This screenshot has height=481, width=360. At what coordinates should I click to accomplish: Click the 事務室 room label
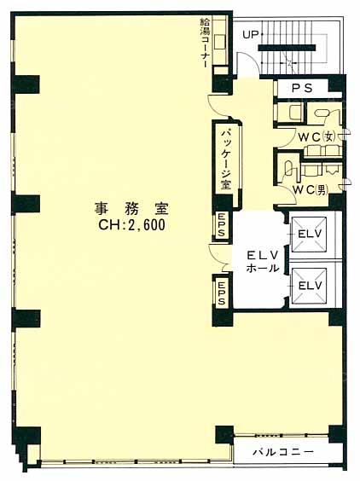tap(131, 209)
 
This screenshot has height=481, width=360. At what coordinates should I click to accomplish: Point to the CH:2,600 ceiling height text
tap(131, 225)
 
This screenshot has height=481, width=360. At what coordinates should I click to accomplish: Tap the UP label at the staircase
tap(251, 35)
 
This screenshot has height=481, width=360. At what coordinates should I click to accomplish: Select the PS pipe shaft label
tap(302, 89)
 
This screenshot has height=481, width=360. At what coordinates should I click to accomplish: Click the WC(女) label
tap(317, 136)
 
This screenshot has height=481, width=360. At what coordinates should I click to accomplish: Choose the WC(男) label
tap(310, 190)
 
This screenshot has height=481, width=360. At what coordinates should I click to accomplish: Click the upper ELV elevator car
tap(309, 234)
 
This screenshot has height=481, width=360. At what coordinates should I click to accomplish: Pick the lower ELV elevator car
tap(309, 286)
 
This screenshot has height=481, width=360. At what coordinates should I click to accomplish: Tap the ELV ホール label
tap(263, 261)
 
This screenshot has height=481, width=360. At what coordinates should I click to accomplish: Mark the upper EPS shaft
tap(222, 225)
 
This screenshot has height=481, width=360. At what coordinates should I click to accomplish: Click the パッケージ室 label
tap(226, 159)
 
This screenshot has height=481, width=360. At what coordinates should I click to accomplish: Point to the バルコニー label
tap(283, 451)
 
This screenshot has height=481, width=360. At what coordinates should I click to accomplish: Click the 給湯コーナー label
tap(204, 43)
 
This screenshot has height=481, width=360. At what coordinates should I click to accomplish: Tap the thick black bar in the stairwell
tap(287, 48)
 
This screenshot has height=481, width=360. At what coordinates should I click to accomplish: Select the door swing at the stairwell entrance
tap(249, 62)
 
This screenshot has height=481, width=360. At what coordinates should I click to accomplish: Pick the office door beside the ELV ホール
tap(218, 258)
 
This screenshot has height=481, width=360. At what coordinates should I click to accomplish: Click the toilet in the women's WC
tap(322, 113)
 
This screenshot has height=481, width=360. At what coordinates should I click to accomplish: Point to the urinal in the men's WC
tap(289, 169)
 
